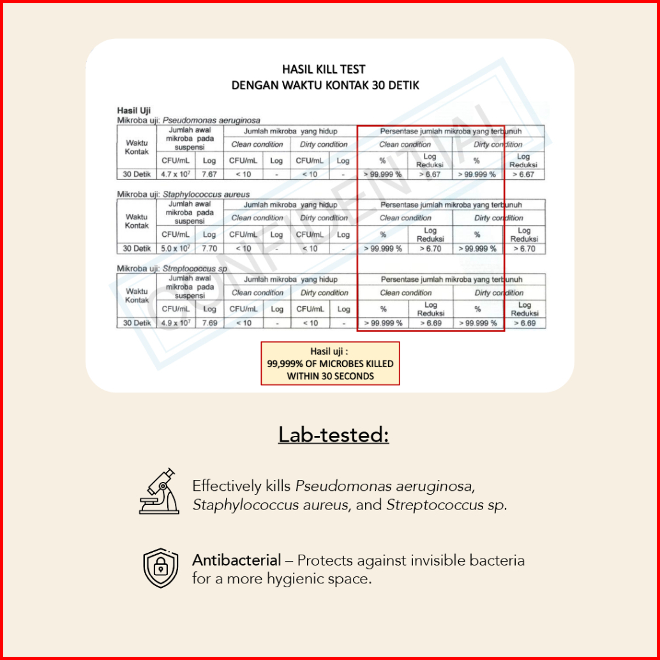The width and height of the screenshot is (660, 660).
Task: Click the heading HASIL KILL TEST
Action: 324,70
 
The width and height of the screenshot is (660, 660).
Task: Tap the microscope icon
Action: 159,491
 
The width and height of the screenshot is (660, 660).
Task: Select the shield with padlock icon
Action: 160,567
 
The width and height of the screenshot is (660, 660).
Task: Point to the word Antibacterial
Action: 237,560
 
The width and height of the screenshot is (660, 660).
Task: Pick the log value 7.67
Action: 209,174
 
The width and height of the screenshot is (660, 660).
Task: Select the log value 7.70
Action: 209,248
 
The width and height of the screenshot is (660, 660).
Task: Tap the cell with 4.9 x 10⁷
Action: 174,323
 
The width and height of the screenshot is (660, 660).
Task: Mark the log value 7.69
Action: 209,323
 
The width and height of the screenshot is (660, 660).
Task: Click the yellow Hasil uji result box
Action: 330,363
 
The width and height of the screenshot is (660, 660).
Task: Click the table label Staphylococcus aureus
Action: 206,193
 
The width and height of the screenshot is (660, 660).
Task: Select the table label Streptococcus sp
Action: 195,269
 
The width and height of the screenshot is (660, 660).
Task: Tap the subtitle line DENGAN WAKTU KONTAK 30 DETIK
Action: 325,85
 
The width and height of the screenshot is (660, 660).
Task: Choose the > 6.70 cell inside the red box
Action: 430,248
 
